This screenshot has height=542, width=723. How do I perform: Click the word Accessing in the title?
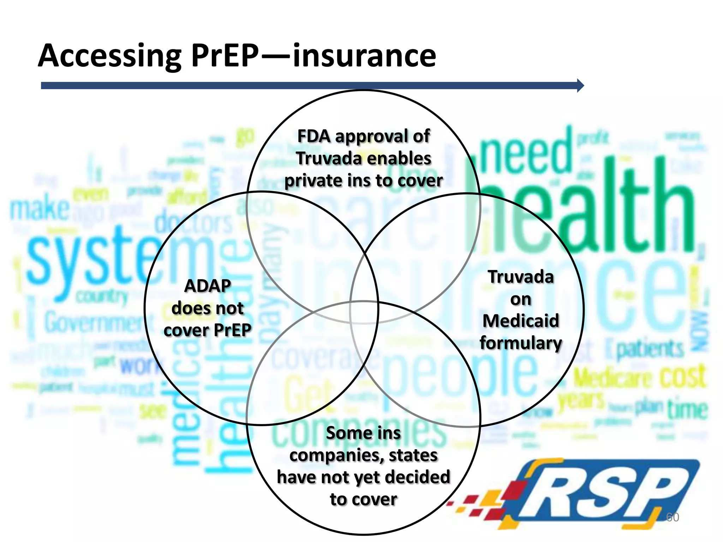pos(109,56)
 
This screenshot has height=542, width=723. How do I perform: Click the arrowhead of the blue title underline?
pos(580,85)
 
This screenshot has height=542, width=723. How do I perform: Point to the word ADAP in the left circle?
pos(208,286)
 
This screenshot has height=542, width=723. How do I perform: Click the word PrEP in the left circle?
pos(232,330)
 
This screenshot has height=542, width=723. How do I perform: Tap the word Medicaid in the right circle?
pos(521,321)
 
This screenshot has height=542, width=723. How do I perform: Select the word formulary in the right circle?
pos(521,343)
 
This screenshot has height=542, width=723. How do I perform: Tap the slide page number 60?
pos(672,517)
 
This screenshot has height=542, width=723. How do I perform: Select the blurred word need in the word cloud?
pos(526,155)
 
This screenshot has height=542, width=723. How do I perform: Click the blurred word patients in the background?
pos(650,349)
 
